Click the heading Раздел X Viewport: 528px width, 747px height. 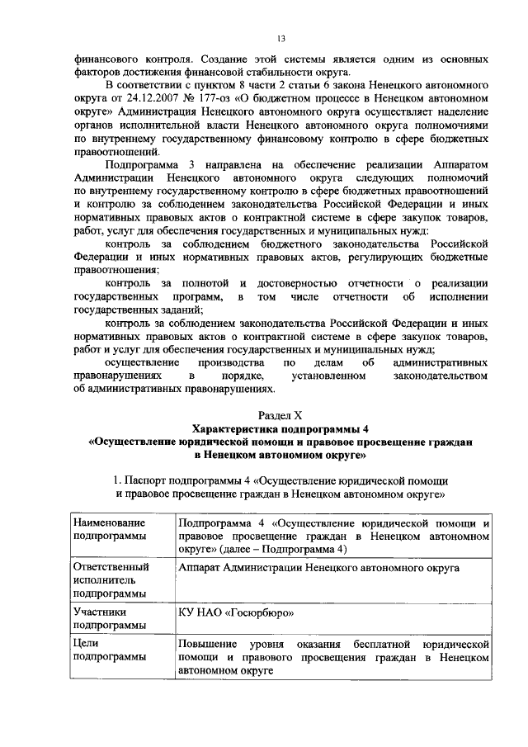point(280,415)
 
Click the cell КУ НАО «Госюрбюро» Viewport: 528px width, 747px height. point(236,614)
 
